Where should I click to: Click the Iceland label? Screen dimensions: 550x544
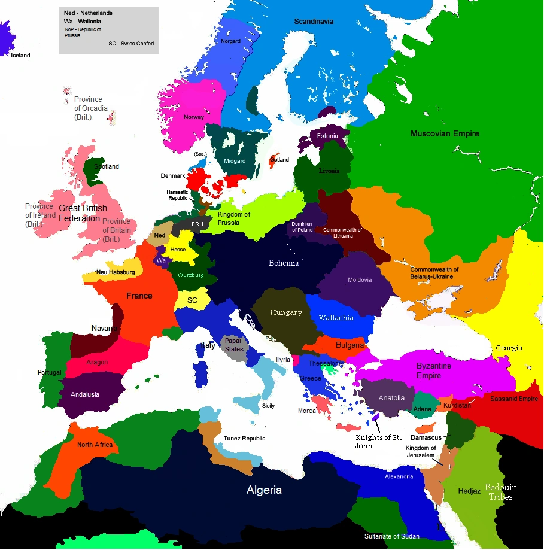click(20, 56)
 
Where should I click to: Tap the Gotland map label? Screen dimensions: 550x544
click(279, 160)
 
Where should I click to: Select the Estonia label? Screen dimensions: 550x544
click(327, 136)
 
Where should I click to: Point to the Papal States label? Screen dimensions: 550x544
click(234, 345)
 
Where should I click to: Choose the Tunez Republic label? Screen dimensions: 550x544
click(244, 439)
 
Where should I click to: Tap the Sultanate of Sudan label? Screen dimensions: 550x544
click(392, 536)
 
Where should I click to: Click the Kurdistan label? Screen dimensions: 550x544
click(458, 405)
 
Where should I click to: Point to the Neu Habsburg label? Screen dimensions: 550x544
click(116, 272)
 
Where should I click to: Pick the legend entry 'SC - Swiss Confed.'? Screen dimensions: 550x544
click(132, 44)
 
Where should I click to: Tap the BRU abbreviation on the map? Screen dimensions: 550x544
click(197, 224)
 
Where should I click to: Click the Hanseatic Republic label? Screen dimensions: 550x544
click(177, 195)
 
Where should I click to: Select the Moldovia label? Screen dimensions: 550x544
click(360, 280)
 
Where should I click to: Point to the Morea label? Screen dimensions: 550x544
click(307, 411)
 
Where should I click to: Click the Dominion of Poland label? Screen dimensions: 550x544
click(302, 227)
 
